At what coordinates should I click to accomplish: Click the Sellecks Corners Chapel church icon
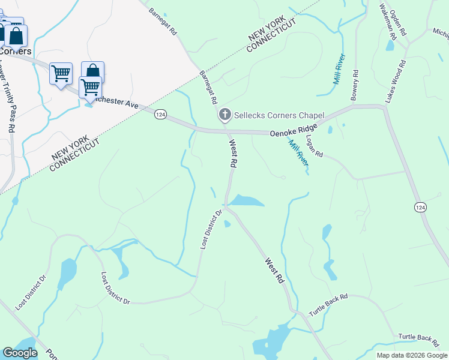(x=225, y=115)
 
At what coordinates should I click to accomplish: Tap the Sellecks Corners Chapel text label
(x=279, y=115)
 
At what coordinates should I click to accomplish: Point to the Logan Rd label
(x=315, y=146)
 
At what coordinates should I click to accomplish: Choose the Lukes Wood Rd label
(x=396, y=80)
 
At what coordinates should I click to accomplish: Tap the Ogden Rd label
(x=398, y=22)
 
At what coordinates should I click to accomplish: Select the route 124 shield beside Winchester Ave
(x=160, y=114)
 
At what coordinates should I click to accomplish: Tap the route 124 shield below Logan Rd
(x=421, y=206)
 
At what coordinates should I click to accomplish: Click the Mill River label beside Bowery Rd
(x=339, y=68)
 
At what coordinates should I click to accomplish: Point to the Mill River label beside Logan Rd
(x=298, y=152)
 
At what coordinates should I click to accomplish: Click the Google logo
(x=20, y=353)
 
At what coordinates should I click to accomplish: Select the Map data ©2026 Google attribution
(x=411, y=355)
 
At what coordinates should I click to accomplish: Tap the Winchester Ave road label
(x=117, y=101)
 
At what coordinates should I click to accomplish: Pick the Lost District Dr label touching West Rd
(x=211, y=230)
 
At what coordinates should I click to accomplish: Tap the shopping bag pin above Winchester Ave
(x=93, y=71)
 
